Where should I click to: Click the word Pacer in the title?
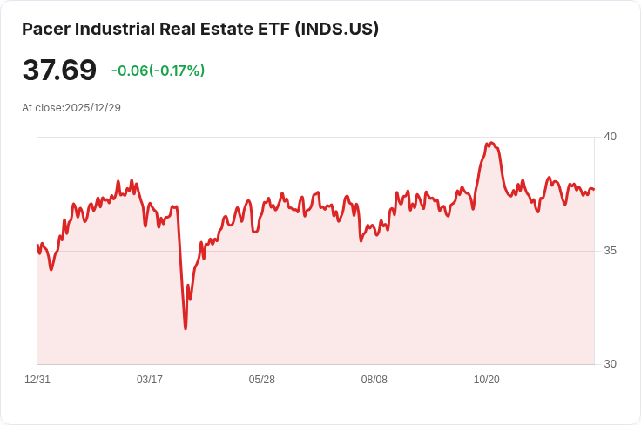(x=46, y=29)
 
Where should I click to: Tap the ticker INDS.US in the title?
(x=336, y=29)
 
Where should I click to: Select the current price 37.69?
(x=59, y=70)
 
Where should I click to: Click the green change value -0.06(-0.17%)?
(x=158, y=71)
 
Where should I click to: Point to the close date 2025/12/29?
(x=92, y=107)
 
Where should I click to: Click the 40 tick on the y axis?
(x=610, y=137)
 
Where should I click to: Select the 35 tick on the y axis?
(x=610, y=251)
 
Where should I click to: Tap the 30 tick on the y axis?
(x=610, y=364)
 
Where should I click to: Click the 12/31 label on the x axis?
(x=37, y=380)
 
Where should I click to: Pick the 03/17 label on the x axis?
(x=150, y=380)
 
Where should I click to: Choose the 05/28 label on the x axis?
(x=262, y=380)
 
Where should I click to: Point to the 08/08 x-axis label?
(x=374, y=380)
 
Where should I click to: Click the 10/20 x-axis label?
(x=486, y=380)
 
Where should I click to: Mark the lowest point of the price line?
(x=186, y=328)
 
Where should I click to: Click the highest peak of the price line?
(x=491, y=143)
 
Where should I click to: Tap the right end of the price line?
(x=594, y=190)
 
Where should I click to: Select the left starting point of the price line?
(x=37, y=245)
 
